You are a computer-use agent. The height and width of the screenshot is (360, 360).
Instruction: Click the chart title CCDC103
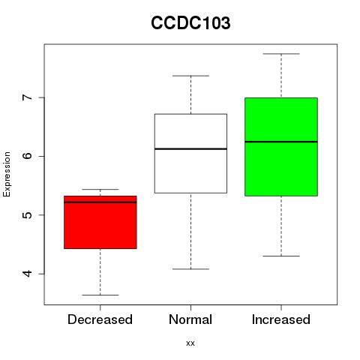[x=190, y=23]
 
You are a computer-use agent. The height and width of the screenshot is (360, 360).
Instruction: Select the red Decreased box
[x=100, y=222]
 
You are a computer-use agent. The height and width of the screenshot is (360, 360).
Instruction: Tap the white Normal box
[x=190, y=154]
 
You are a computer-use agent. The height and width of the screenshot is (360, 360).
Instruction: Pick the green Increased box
[x=281, y=147]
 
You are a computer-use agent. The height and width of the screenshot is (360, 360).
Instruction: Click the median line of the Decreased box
[x=100, y=202]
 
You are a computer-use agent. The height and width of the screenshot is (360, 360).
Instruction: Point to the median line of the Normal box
[x=190, y=149]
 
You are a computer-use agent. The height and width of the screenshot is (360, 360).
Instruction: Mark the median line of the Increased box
[x=281, y=142]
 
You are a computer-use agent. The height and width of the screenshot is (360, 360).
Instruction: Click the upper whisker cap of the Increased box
[x=281, y=54]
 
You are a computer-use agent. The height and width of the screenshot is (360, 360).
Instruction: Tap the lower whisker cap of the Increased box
[x=281, y=256]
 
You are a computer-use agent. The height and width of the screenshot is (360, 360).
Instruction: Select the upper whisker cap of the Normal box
[x=190, y=76]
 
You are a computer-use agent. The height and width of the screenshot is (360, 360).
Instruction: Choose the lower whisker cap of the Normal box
[x=190, y=269]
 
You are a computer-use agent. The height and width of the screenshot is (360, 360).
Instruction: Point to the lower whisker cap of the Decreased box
[x=100, y=295]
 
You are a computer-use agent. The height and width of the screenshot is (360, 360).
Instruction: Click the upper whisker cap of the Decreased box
[x=100, y=189]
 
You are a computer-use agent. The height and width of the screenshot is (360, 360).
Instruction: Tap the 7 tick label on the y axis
[x=28, y=97]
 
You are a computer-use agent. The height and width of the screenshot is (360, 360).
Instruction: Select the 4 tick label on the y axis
[x=28, y=274]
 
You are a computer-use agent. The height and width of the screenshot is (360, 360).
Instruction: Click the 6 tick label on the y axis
[x=28, y=156]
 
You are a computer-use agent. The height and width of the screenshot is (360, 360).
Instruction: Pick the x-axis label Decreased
[x=100, y=319]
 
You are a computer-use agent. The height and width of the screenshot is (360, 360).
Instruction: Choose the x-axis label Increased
[x=281, y=319]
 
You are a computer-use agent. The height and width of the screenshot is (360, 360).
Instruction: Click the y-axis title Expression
[x=7, y=174]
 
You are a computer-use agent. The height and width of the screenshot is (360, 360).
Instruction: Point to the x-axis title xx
[x=190, y=343]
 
